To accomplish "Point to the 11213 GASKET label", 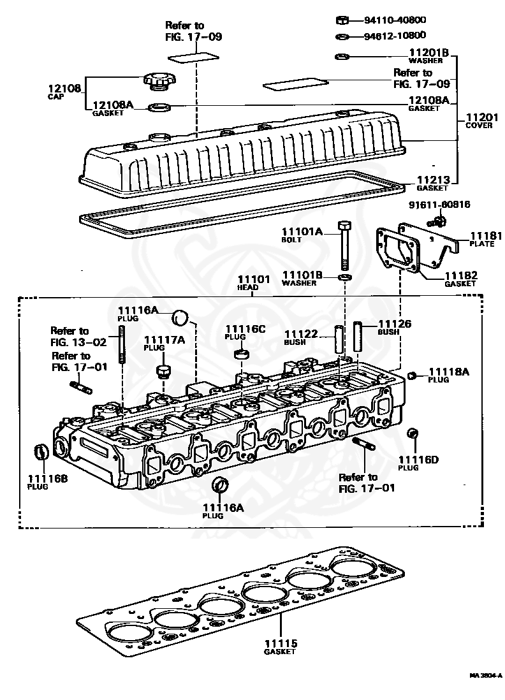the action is pyautogui.click(x=432, y=183).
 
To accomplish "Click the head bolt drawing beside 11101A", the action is pyautogui.click(x=344, y=246).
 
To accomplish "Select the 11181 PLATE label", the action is pyautogui.click(x=482, y=239).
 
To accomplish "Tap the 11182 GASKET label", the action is pyautogui.click(x=460, y=279).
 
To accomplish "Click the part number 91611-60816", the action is pyautogui.click(x=439, y=205).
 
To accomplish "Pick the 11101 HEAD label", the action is pyautogui.click(x=254, y=283).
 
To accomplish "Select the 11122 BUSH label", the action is pyautogui.click(x=301, y=337).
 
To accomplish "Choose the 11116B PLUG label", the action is pyautogui.click(x=47, y=482).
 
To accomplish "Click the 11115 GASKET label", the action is pyautogui.click(x=281, y=647).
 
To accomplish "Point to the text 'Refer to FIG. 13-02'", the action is pyautogui.click(x=78, y=337).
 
